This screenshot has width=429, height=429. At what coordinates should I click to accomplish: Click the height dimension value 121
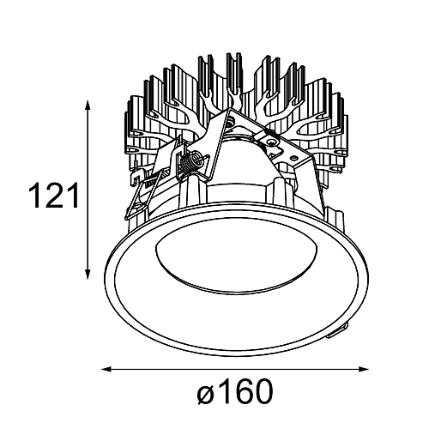click(53, 196)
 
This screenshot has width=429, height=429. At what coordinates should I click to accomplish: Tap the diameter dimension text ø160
click(235, 391)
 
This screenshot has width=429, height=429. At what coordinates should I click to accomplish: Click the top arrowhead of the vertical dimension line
click(88, 106)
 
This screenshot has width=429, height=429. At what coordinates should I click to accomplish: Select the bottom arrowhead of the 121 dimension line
click(88, 273)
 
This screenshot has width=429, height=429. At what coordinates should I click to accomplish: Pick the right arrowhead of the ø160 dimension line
click(362, 369)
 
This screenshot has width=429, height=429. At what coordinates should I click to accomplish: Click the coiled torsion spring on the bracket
click(190, 162)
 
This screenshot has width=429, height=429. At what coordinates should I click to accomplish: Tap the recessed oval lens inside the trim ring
click(236, 263)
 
